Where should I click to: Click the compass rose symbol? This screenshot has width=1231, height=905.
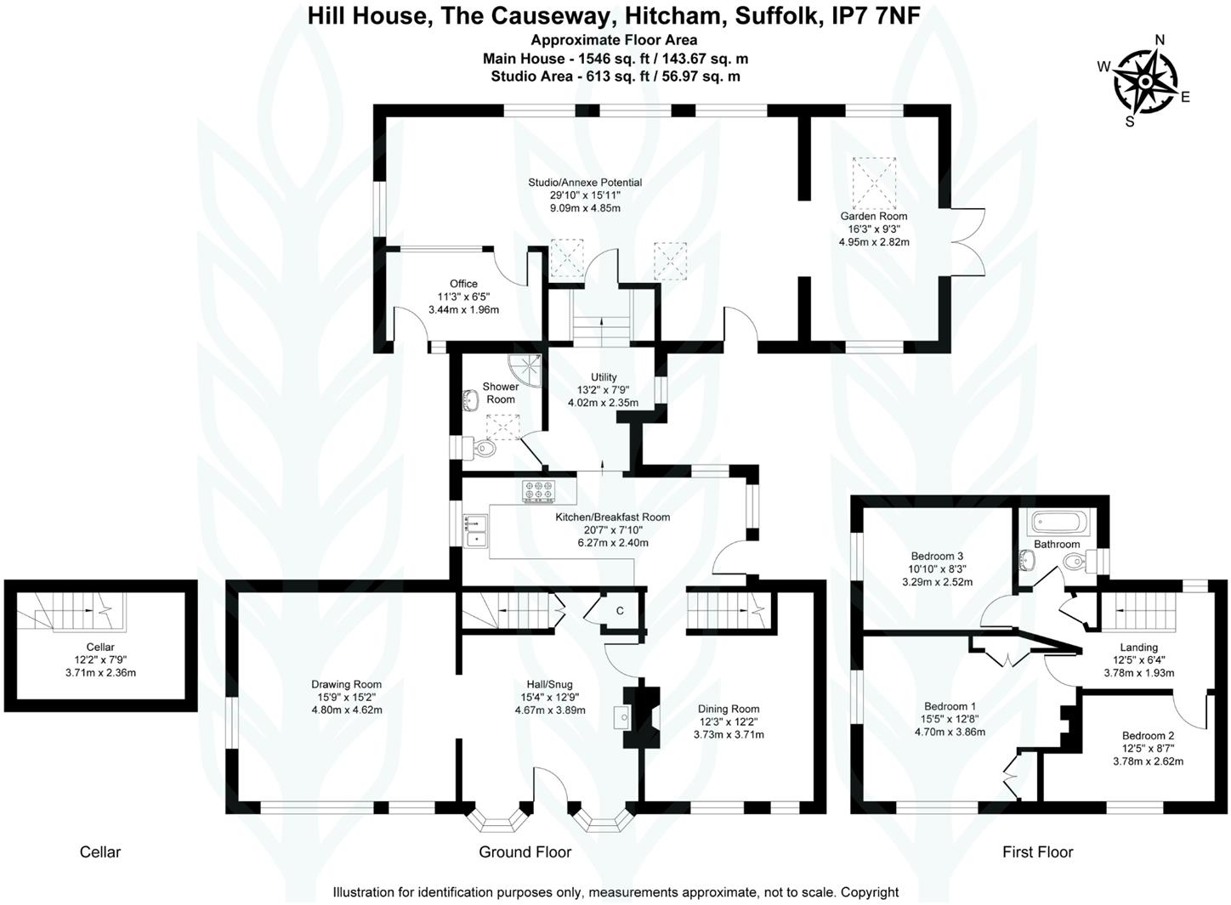coord(1144,82)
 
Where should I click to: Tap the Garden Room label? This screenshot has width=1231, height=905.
coord(874,216)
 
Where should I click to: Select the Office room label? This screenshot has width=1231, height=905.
coord(463,284)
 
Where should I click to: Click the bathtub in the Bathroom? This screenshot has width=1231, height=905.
coord(1058,520)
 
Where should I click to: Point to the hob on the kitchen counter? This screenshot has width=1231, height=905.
coord(538,490)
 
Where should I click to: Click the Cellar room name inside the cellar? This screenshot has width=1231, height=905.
coord(100,648)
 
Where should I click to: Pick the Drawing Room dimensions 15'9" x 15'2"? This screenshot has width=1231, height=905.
coord(346,697)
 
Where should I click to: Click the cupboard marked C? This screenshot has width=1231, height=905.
coord(620,610)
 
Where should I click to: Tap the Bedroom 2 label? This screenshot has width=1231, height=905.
coord(1148,736)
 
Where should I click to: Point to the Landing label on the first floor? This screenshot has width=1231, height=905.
coord(1138,648)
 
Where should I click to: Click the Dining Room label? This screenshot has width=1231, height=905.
coord(729,709)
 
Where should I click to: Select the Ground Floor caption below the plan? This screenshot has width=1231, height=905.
coord(525,851)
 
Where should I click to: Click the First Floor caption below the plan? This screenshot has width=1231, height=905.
coord(1037,851)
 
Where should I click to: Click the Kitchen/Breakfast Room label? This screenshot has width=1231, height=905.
coord(612,517)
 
